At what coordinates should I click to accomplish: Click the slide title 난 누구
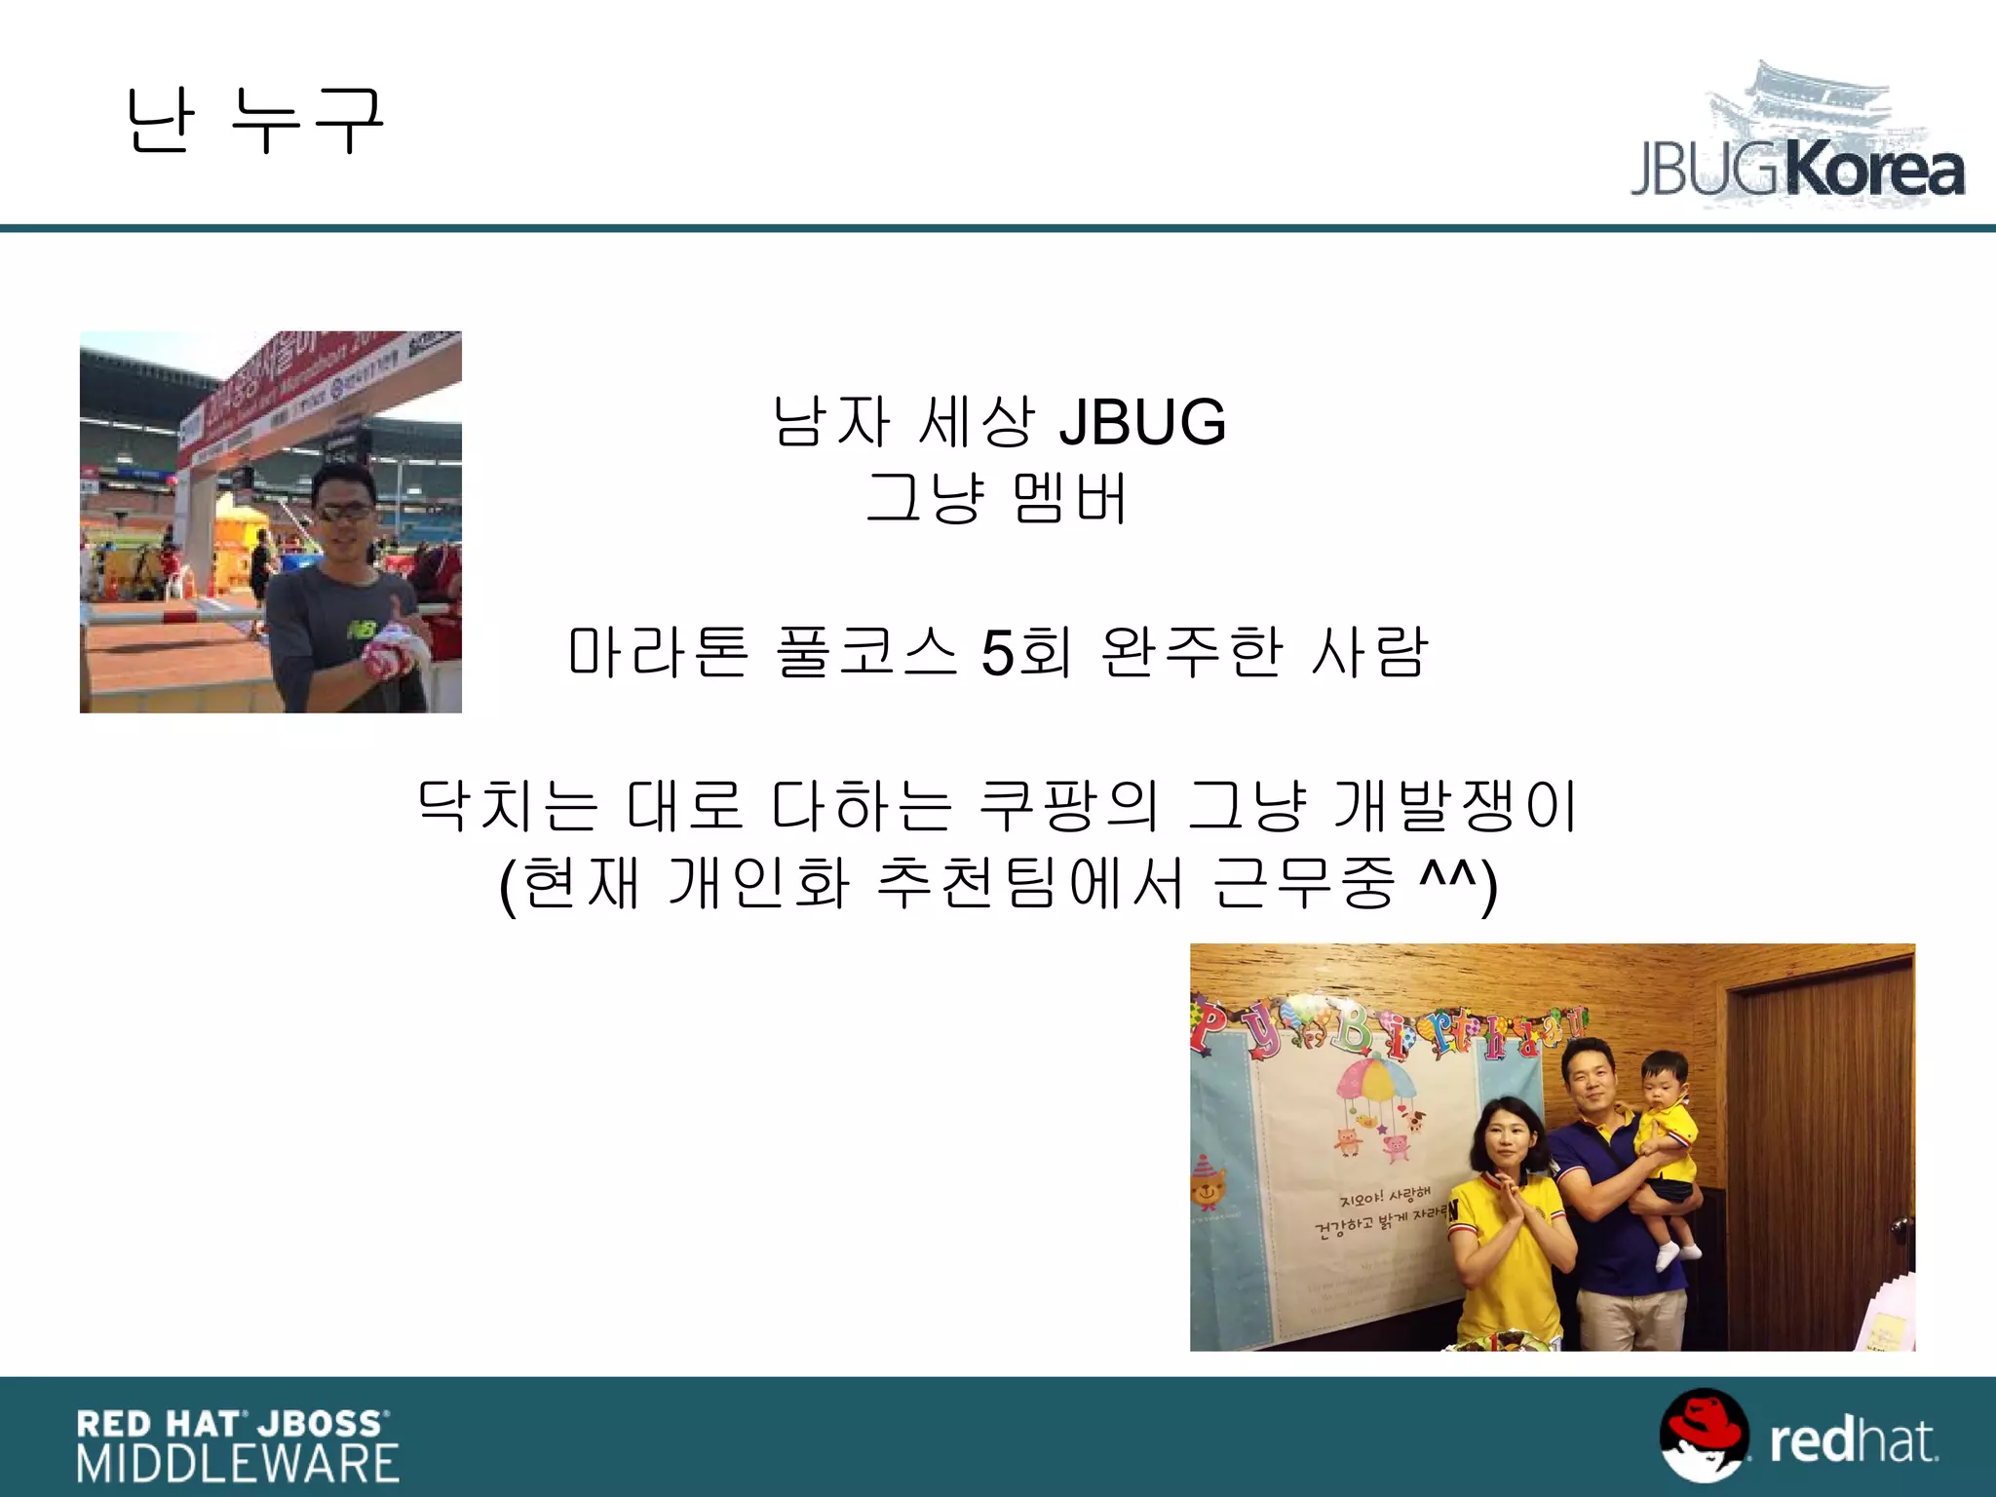[x=255, y=121]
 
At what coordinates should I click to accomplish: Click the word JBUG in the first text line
[x=1142, y=423]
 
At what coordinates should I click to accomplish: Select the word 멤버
[x=1070, y=499]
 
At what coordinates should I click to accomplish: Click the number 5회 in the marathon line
[x=1025, y=652]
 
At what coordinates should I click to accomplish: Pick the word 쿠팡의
[x=1069, y=806]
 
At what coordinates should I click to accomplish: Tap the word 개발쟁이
[x=1454, y=806]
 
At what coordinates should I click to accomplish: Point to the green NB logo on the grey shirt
[x=364, y=631]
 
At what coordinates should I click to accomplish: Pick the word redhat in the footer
[x=1853, y=1441]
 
